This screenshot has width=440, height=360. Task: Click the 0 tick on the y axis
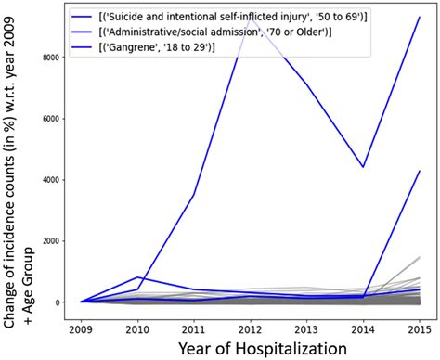click(58, 302)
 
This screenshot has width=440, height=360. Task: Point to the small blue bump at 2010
click(136, 277)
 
